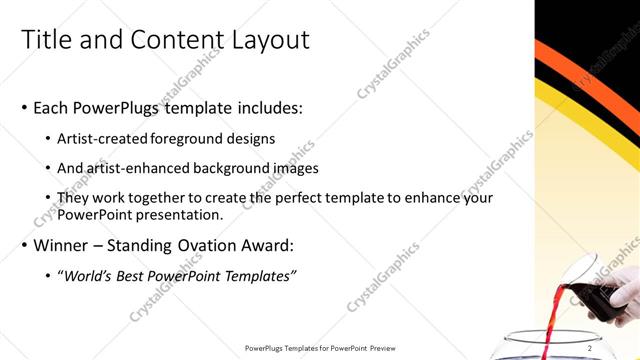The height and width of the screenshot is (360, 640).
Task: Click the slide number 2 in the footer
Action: (x=590, y=348)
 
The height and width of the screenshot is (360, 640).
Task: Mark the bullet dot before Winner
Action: (x=25, y=245)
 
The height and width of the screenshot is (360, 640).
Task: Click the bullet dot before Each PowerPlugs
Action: (x=25, y=107)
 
